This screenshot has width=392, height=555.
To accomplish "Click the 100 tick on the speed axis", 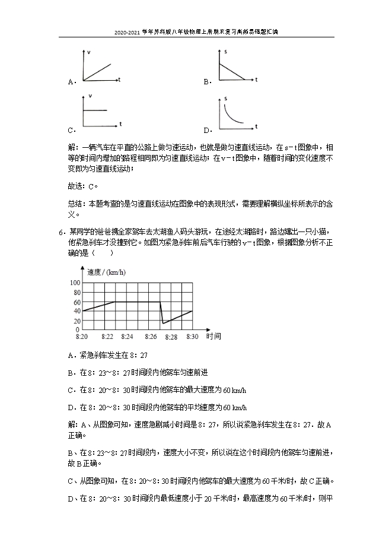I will point(75,283).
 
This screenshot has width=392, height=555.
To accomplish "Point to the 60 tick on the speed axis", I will point(77,302).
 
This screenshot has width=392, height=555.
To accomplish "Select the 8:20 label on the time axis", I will point(82,337).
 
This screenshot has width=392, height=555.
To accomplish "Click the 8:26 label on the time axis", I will point(151,337).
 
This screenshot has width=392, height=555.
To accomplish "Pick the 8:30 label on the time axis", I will point(192,337).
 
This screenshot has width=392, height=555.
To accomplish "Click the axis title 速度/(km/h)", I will point(106,272).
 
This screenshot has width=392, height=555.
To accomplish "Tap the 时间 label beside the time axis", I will point(213,336).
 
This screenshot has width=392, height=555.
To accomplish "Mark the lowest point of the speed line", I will point(164,323).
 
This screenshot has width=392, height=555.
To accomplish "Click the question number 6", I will point(61,231).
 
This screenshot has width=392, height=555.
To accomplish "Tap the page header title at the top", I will point(196,33).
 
